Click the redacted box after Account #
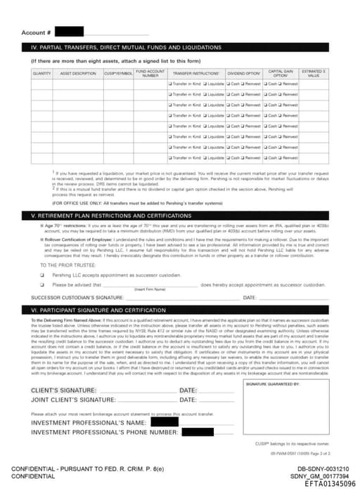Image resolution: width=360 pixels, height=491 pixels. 70,32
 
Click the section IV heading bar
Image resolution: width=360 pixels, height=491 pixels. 180,47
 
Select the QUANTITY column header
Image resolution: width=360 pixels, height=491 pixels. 41,73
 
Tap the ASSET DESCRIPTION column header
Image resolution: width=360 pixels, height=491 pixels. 78,73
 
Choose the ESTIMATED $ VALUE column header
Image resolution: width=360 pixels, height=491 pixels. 314,73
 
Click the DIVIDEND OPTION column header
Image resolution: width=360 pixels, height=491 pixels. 244,73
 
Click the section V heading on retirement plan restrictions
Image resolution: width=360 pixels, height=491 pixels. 180,215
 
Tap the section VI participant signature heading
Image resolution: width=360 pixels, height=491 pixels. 180,309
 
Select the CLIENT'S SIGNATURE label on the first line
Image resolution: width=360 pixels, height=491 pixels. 63,390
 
